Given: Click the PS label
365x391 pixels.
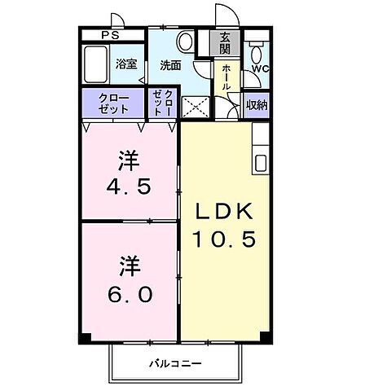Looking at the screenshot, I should pyautogui.click(x=109, y=35).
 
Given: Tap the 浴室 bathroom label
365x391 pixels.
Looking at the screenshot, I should pyautogui.click(x=125, y=63).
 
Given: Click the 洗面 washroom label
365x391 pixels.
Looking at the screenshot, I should pyautogui.click(x=170, y=65).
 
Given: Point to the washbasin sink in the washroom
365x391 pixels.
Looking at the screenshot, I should pyautogui.click(x=185, y=41).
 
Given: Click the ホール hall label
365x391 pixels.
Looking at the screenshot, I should pyautogui.click(x=226, y=77).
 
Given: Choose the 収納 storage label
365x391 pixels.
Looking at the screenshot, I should pyautogui.click(x=257, y=103).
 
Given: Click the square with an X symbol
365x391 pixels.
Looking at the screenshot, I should pyautogui.click(x=195, y=107).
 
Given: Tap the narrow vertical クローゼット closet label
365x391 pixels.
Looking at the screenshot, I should pyautogui.click(x=161, y=104).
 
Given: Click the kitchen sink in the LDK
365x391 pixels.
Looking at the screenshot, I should pyautogui.click(x=260, y=161).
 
